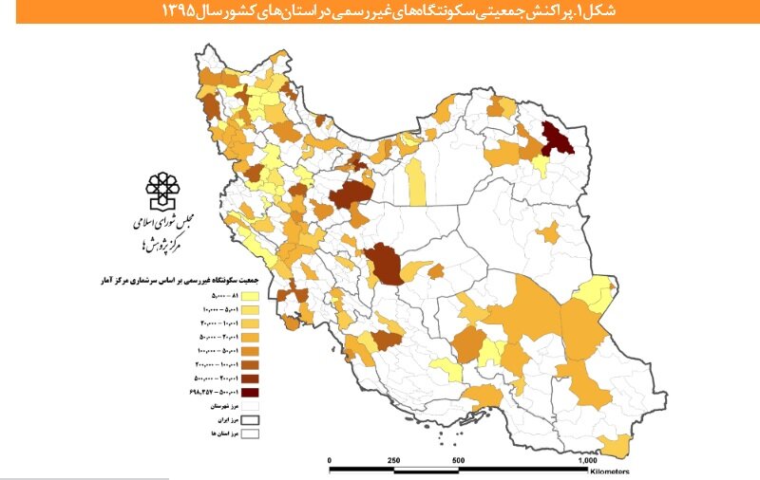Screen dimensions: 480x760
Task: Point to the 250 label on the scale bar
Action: [x=393, y=461]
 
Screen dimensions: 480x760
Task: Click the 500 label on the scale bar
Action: [x=458, y=461]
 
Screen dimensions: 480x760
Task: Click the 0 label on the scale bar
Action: [x=330, y=461]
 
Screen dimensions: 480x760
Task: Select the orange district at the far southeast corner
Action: [x=618, y=444]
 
